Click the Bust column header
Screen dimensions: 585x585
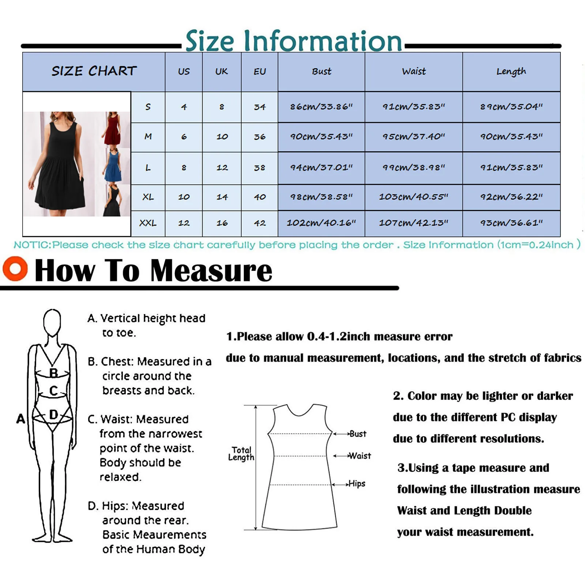point(321,71)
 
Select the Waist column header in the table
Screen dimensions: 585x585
point(414,71)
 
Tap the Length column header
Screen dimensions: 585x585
point(511,71)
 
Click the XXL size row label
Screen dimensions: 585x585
point(148,223)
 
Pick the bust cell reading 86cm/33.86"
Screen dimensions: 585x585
point(321,107)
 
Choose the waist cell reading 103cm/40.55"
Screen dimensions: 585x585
point(414,197)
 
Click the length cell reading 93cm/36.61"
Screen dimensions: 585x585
point(511,223)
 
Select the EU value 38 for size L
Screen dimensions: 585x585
point(260,168)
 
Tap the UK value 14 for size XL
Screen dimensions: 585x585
point(222,197)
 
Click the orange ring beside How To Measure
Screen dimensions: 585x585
point(15,269)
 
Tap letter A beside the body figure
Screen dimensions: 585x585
point(21,419)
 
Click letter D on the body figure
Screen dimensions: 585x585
point(53,415)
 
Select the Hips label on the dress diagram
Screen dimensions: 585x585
point(356,484)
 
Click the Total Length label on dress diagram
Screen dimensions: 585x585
point(241,454)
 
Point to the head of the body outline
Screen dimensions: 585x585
point(52,322)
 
